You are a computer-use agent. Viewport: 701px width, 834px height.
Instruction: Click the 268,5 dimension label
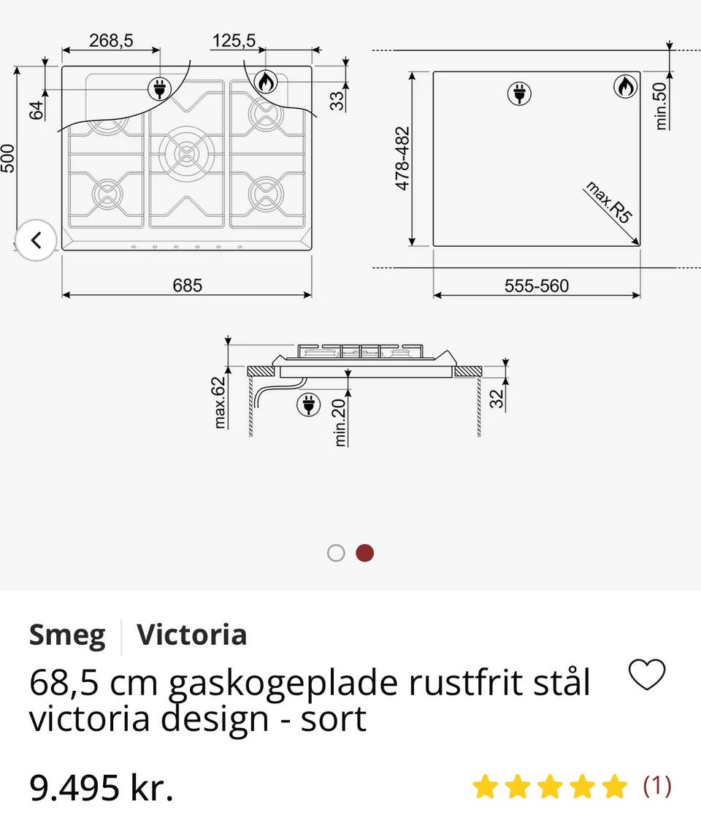coord(111,41)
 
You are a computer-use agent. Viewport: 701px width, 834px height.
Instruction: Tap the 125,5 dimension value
coord(234,41)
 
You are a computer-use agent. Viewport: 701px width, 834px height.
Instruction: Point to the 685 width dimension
coord(188,286)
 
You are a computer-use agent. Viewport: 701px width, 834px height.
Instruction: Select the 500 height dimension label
coord(8,158)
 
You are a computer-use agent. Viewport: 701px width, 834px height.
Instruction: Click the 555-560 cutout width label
coord(537,286)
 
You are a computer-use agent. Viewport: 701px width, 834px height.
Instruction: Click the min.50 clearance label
coord(661,106)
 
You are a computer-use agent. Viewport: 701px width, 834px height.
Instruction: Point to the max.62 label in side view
coord(220,401)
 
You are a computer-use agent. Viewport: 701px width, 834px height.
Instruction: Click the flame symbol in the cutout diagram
coord(624,87)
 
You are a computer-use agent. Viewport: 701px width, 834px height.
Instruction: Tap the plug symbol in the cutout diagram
coord(520,93)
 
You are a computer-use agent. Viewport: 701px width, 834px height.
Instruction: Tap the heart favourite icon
coord(647,675)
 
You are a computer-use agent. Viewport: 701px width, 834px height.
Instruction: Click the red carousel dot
coord(365,553)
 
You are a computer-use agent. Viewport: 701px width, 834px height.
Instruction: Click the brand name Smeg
coord(67,635)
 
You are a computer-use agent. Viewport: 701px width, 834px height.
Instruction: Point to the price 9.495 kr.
coord(101,788)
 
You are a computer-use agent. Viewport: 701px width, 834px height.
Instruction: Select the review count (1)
coord(656,786)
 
